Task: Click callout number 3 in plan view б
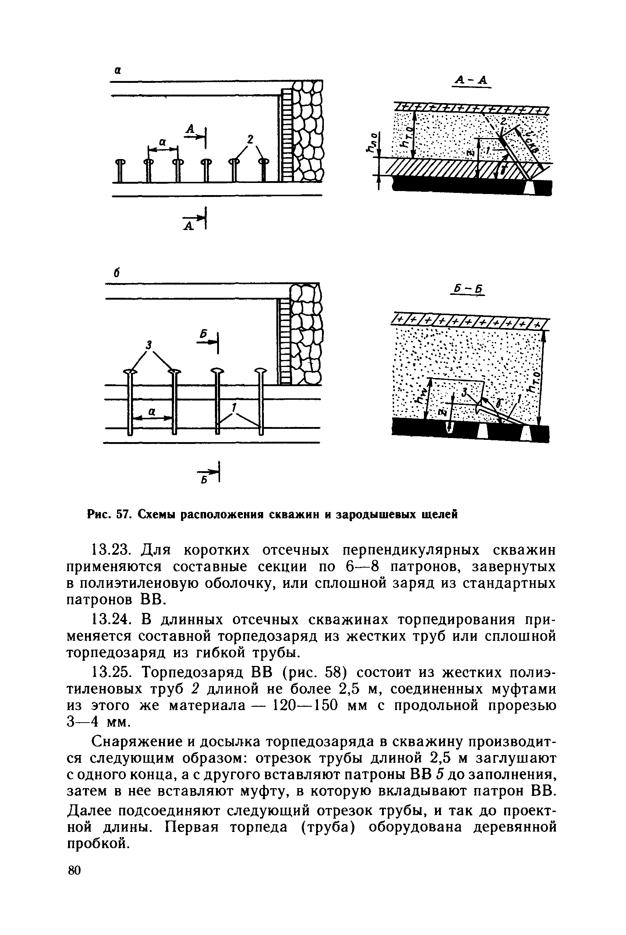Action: (149, 344)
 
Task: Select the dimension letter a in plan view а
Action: (162, 142)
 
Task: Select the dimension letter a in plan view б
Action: (152, 412)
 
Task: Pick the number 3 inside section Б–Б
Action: (464, 393)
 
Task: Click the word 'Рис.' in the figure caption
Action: (100, 515)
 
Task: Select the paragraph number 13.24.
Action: (112, 620)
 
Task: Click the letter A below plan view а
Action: (188, 226)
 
